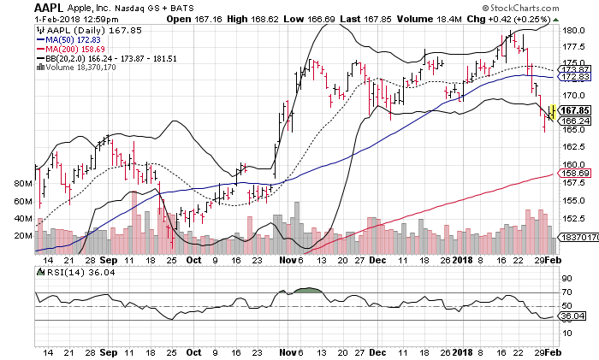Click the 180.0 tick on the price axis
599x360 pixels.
572,30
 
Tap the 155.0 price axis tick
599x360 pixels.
572,200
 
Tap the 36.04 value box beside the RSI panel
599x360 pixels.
571,316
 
